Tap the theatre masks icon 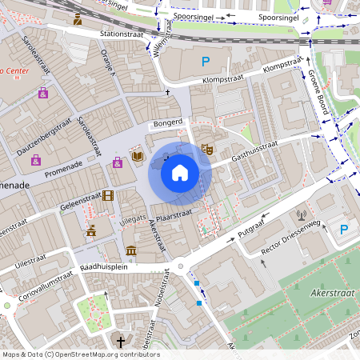pos(206,148)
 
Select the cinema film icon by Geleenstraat pos(107,195)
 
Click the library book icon pos(138,156)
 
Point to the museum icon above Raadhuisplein pos(130,253)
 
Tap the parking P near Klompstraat pos(206,62)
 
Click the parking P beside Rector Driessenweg pos(344,230)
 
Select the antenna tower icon pos(302,214)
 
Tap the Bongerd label pos(168,122)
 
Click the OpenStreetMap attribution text pos(80,354)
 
